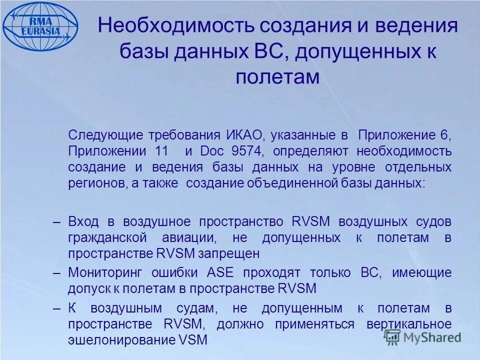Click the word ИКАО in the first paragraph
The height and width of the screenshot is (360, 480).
[x=240, y=135]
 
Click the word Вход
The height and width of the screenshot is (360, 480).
[x=84, y=222]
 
